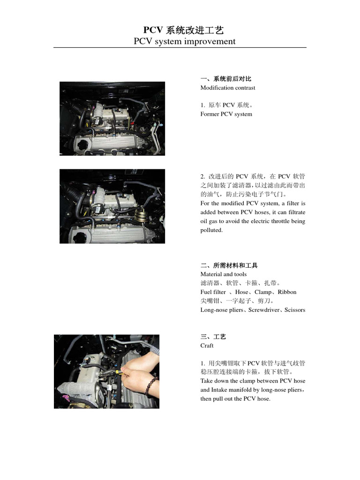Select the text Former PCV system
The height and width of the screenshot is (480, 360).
click(226, 114)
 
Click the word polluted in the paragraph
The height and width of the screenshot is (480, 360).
click(211, 230)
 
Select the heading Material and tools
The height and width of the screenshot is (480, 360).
click(223, 274)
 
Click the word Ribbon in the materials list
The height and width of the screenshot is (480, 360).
click(287, 292)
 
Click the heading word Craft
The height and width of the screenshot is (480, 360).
click(207, 345)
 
